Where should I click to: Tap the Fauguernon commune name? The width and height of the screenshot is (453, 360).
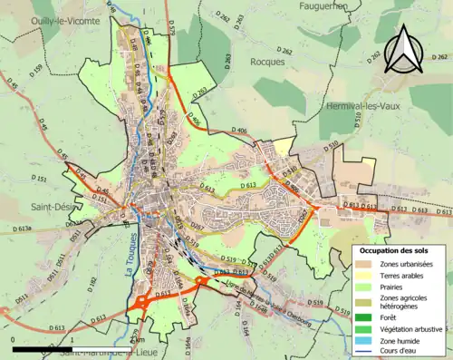[x=328, y=6]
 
